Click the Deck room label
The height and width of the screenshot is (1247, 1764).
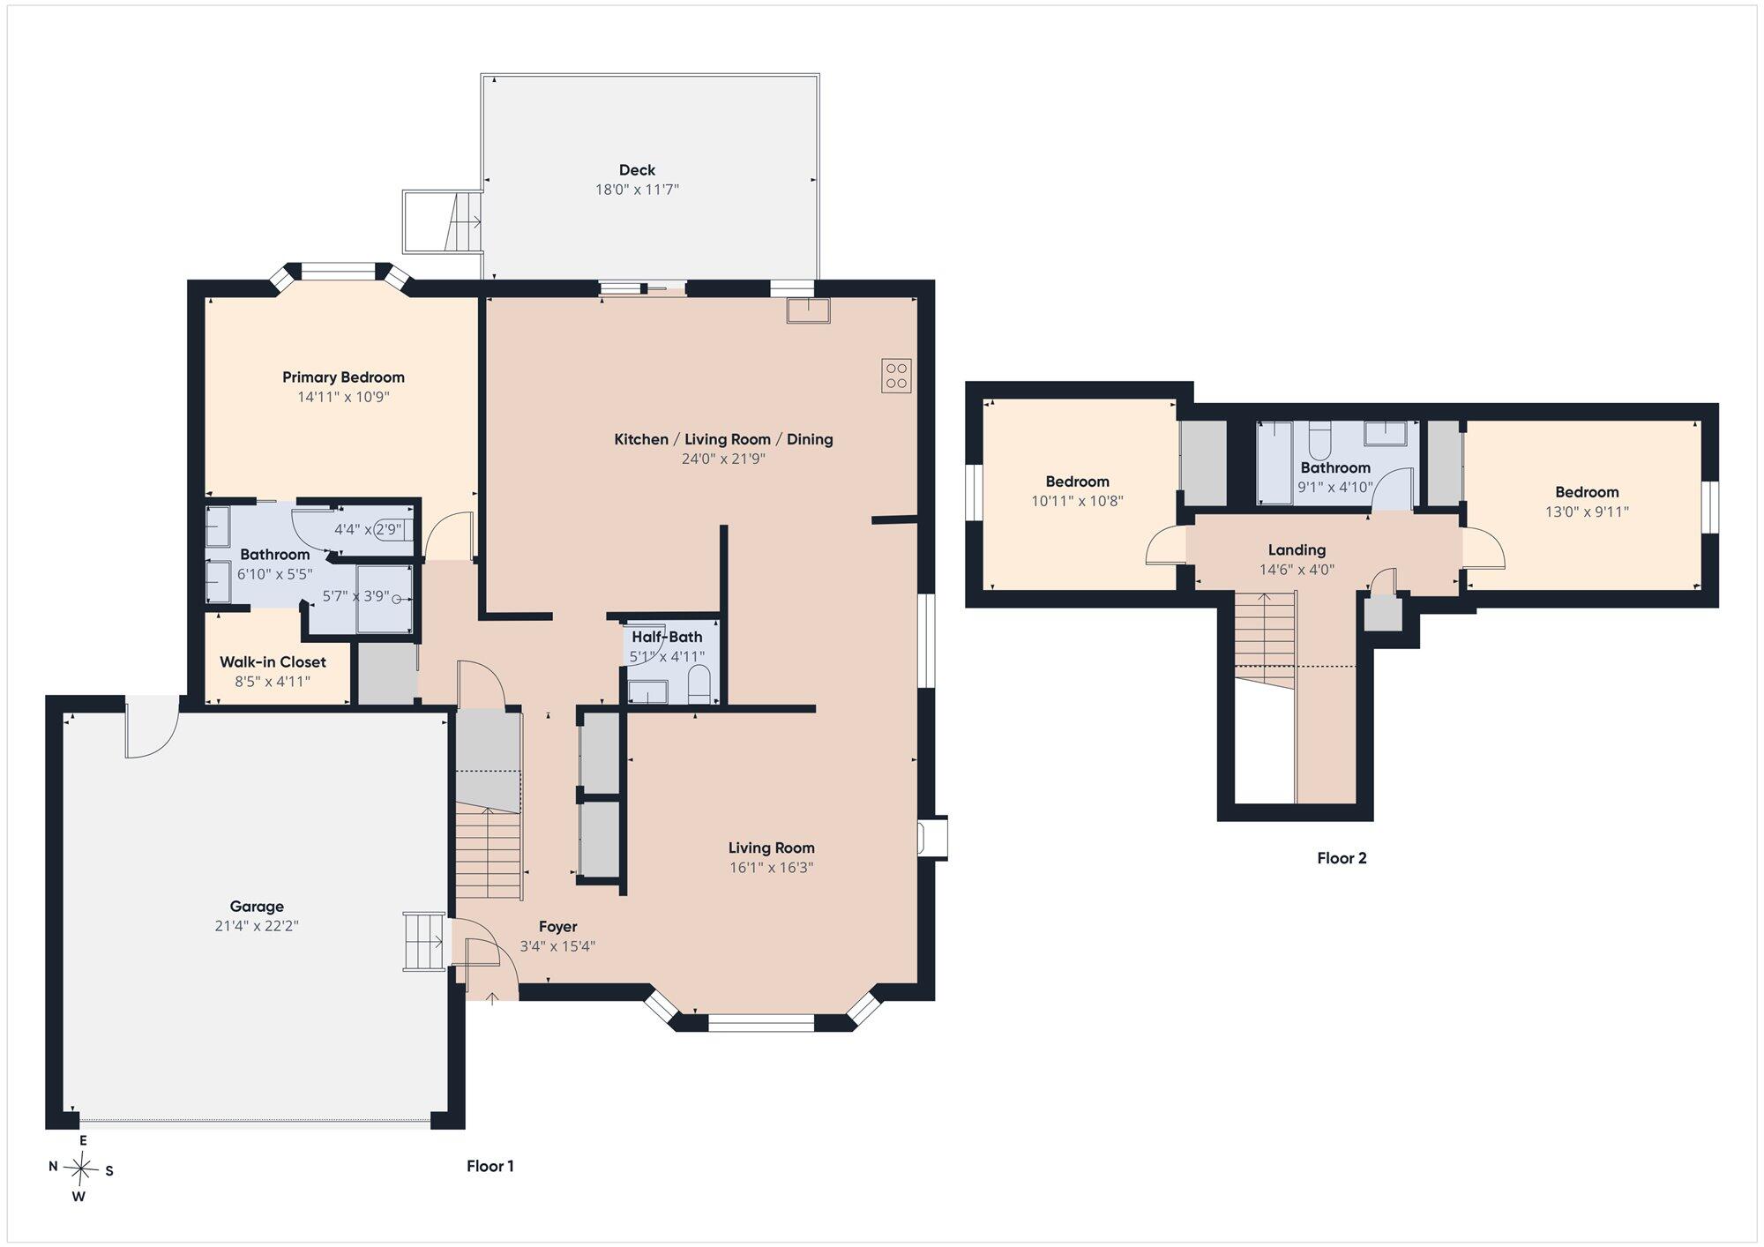coord(637,170)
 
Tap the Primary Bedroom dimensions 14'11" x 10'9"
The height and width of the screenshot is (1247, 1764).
coord(343,397)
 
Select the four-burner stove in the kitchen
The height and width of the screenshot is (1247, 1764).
coord(896,376)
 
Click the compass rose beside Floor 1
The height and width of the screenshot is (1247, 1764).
coord(81,1169)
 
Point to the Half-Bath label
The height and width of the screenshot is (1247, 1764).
coord(667,637)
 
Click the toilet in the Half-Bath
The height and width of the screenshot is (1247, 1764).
coord(699,684)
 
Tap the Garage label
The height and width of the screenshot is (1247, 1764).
coord(257,907)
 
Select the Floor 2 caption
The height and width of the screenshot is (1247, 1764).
coord(1342,858)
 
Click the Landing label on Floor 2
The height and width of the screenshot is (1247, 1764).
coord(1297,550)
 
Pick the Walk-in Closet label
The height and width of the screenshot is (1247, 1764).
coord(273,662)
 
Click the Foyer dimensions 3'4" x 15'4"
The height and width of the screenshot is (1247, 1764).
coord(557,946)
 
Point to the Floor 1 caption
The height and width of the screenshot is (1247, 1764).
coord(490,1166)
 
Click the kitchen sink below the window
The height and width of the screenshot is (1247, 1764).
coord(809,311)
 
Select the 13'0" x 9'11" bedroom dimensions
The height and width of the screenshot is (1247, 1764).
coord(1587,511)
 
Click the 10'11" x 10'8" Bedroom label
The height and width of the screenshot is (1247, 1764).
coord(1077,482)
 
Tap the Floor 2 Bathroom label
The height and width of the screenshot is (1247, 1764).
coord(1335,467)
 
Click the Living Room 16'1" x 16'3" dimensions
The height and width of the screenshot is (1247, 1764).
coord(771,867)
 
